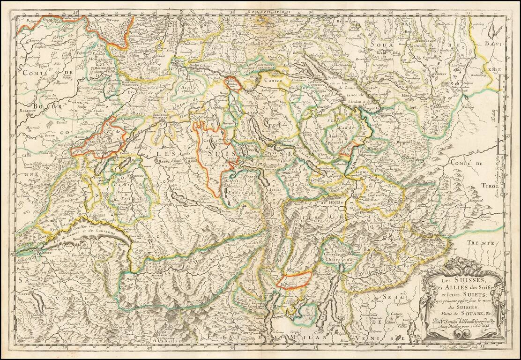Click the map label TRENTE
pos(480,243)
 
